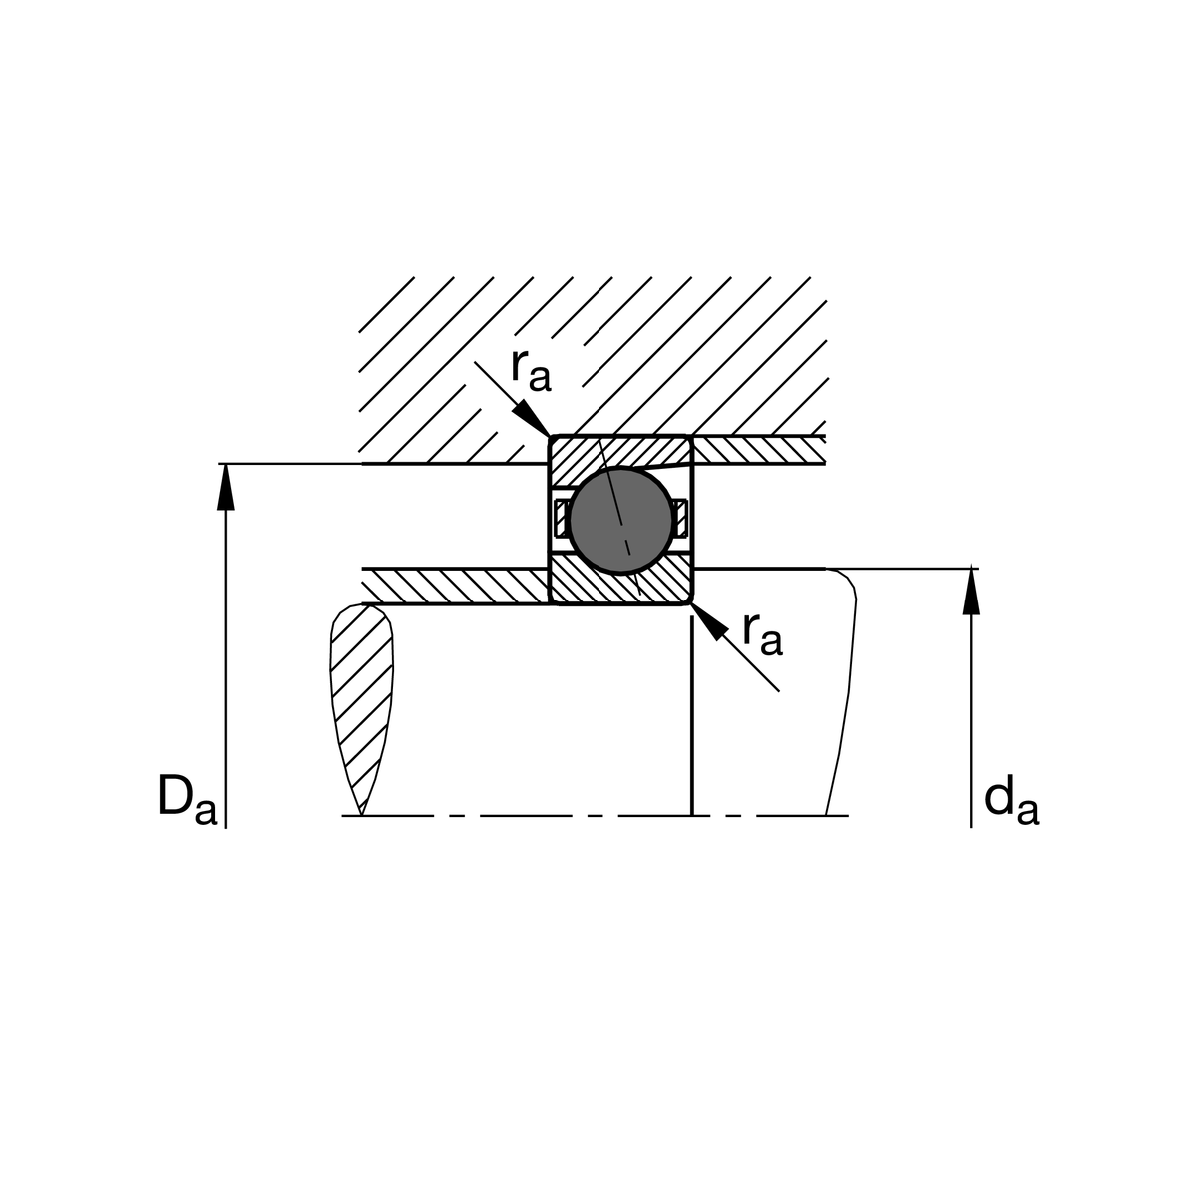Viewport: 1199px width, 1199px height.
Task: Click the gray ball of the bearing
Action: coord(620,517)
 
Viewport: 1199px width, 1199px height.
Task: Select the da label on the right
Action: coord(1011,801)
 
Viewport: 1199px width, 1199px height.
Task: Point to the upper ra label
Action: coord(530,371)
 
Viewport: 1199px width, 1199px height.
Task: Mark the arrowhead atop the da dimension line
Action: coord(970,591)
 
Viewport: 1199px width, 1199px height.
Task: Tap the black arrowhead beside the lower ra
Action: coord(709,621)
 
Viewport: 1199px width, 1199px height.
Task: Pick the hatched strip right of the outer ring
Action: coord(759,450)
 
